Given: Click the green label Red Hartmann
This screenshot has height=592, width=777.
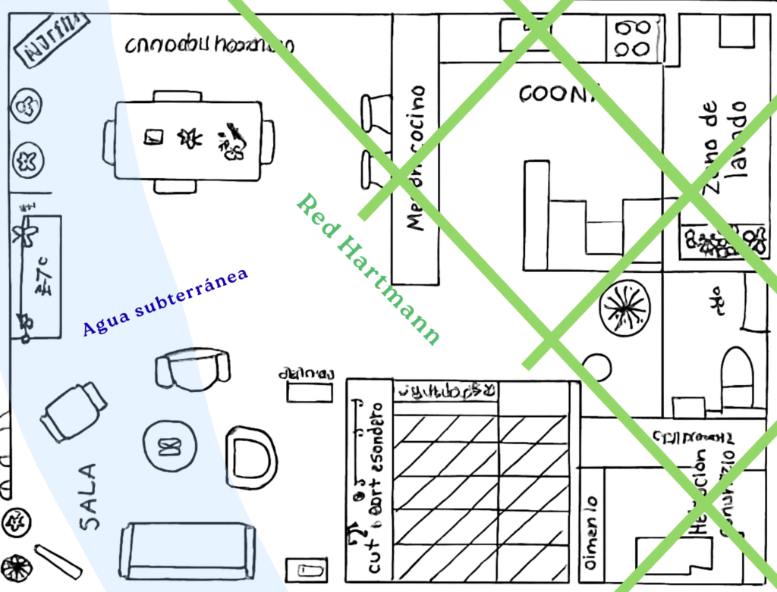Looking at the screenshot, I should click(368, 269).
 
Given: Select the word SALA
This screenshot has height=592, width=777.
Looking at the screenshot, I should click(89, 496).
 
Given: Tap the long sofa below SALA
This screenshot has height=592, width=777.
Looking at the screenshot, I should click(187, 550).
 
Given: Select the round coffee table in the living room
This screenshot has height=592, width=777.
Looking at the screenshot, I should click(169, 446).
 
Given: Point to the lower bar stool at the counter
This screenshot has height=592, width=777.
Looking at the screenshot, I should click(374, 169).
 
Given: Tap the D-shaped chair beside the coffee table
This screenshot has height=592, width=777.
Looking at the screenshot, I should click(250, 457).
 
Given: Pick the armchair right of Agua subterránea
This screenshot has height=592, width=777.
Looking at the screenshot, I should click(193, 369).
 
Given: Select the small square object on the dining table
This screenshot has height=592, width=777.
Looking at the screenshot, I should click(155, 137).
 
